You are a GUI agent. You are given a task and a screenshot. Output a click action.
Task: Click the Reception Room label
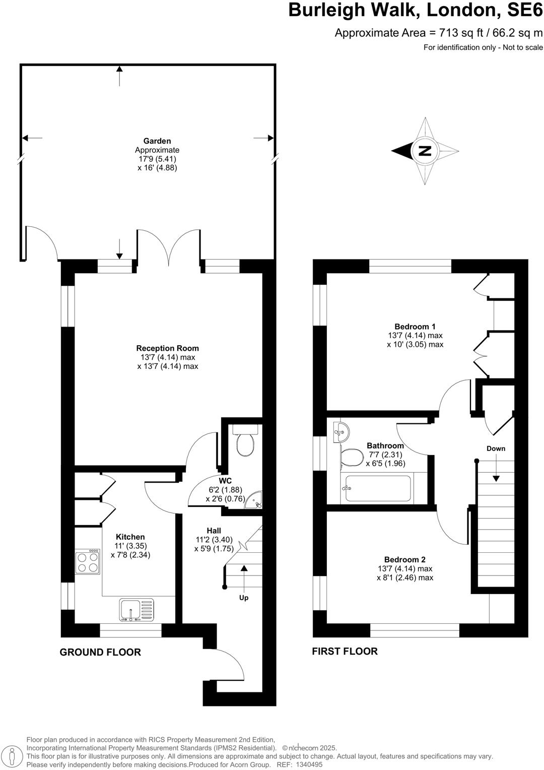pyautogui.click(x=167, y=348)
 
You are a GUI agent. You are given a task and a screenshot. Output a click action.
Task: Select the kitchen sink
pyautogui.click(x=137, y=609)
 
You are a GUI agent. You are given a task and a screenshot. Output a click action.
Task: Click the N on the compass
pyautogui.click(x=425, y=151)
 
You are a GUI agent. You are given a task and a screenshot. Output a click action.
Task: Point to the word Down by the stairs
pyautogui.click(x=496, y=448)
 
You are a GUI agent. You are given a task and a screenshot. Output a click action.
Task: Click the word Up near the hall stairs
pyautogui.click(x=244, y=598)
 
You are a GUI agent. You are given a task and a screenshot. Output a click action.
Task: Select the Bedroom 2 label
pyautogui.click(x=405, y=559)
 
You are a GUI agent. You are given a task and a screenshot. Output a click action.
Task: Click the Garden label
pyautogui.click(x=157, y=141)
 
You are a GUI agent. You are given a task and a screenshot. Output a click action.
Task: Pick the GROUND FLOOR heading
pyautogui.click(x=100, y=652)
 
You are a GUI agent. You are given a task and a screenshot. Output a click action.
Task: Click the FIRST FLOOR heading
pyautogui.click(x=345, y=651)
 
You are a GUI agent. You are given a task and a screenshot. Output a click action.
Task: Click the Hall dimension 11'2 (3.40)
pyautogui.click(x=214, y=540)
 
